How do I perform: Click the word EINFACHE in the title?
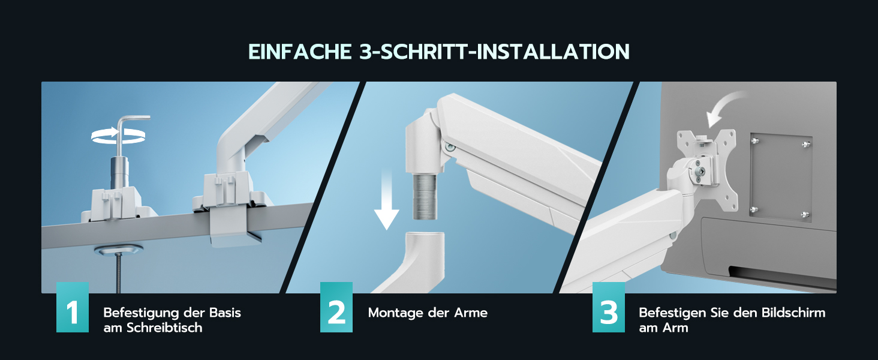tap(300, 52)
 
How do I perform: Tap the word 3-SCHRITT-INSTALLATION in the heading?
tap(494, 52)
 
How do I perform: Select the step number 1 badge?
tap(73, 307)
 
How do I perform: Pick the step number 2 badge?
tap(336, 307)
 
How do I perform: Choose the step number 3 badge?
tap(608, 307)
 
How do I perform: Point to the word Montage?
tap(395, 313)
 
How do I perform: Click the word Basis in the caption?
tap(225, 313)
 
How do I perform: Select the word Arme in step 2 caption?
tap(471, 313)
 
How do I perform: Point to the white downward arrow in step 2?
tap(386, 200)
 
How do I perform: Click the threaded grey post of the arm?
tap(425, 196)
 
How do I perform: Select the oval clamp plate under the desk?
tap(118, 250)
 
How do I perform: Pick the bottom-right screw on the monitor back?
tap(805, 215)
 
